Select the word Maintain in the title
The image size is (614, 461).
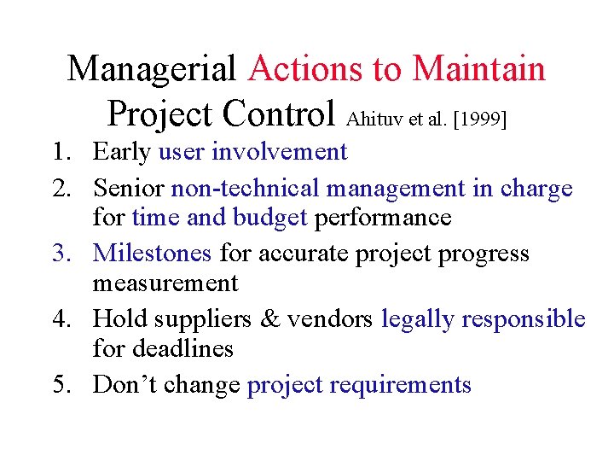479,68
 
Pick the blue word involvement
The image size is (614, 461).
279,152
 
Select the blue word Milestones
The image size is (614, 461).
153,254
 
